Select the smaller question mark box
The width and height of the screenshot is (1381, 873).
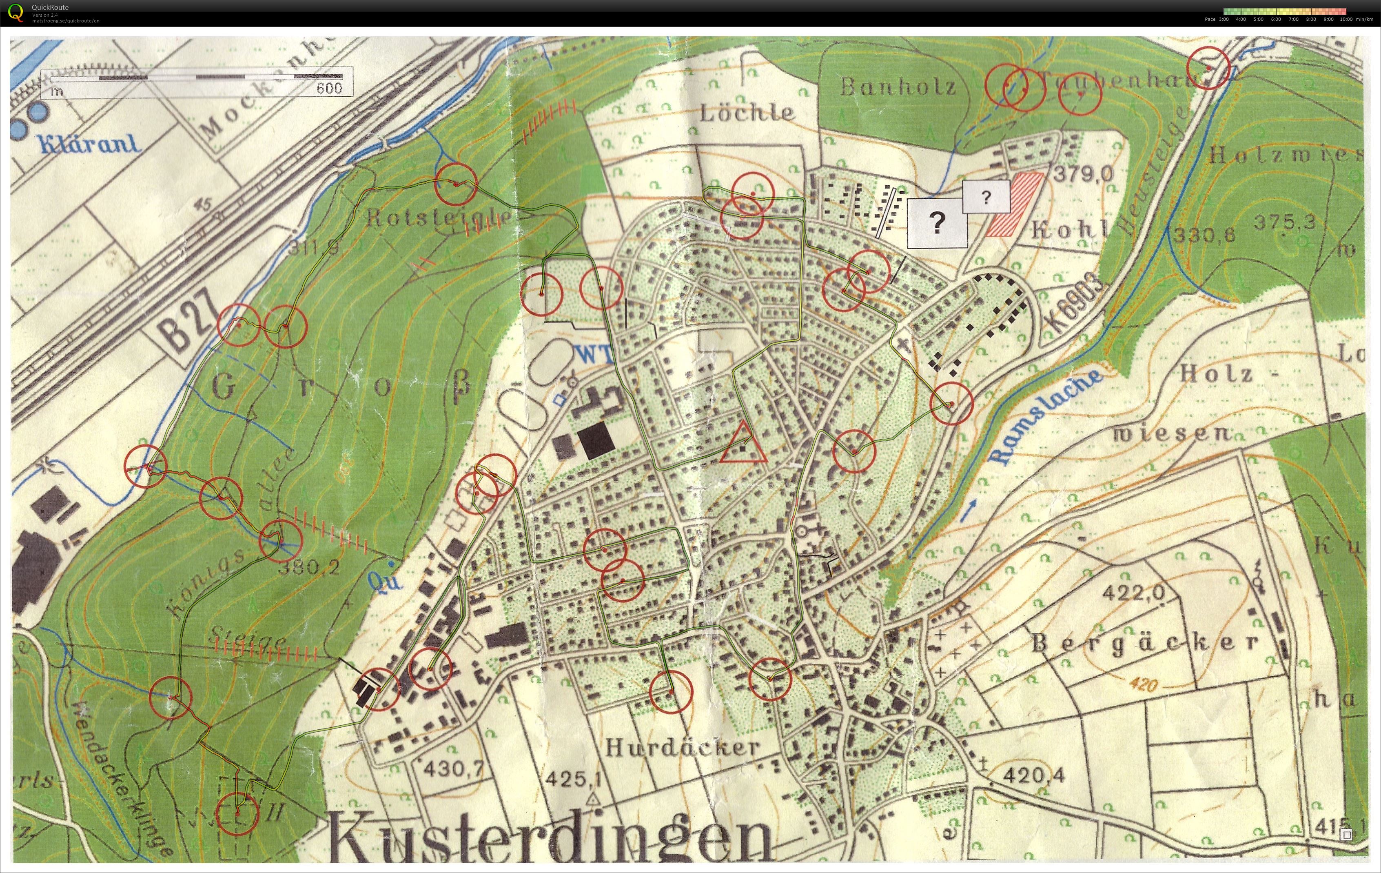pos(985,197)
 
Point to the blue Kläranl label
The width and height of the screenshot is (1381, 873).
pos(89,143)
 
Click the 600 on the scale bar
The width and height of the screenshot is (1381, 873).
pos(329,88)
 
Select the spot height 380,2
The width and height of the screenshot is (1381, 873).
pos(308,567)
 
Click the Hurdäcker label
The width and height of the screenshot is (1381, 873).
pos(683,747)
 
